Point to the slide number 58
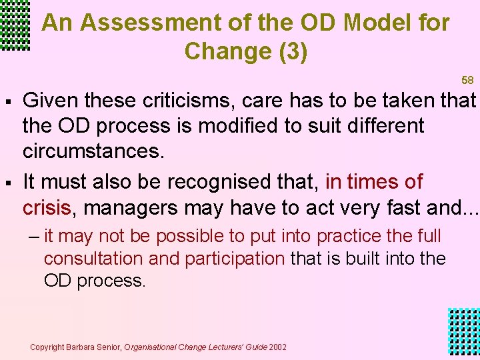[467, 81]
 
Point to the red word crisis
[47, 207]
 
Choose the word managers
[132, 207]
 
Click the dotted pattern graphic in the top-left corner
[15, 25]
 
